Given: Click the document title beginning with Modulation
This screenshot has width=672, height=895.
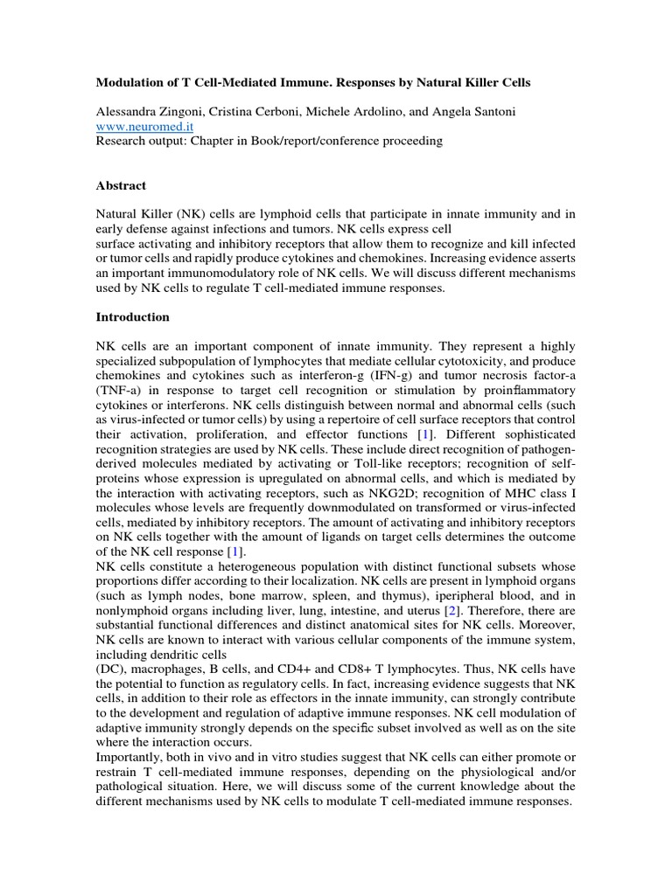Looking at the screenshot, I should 312,82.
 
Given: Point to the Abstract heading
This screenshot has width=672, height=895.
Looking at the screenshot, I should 121,185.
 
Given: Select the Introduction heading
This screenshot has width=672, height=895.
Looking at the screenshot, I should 132,316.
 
